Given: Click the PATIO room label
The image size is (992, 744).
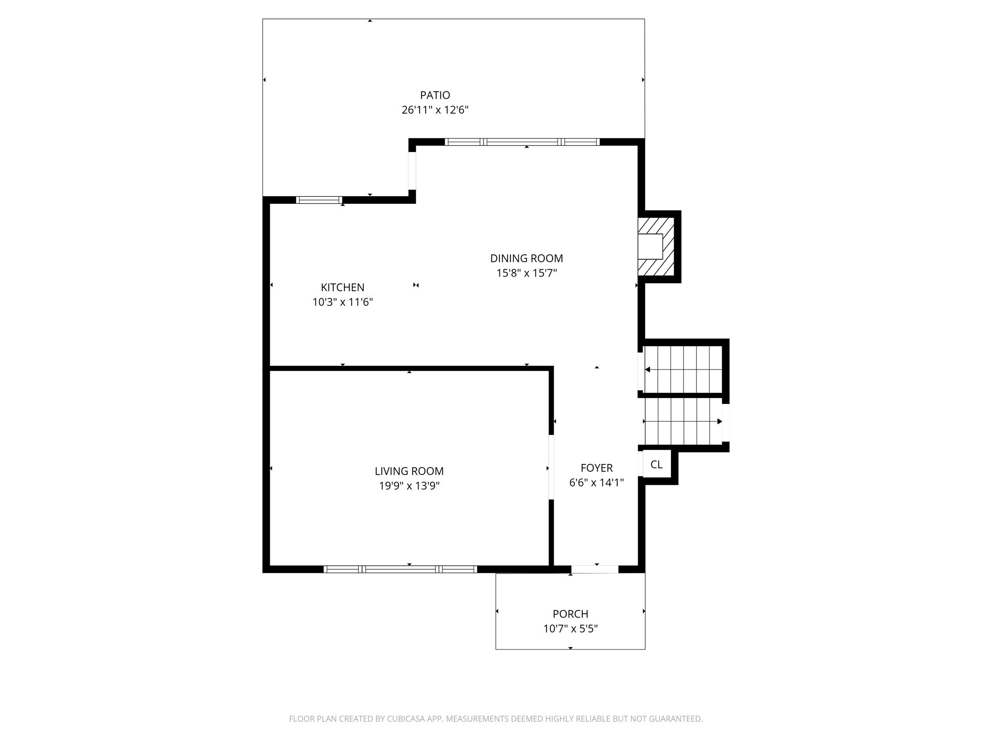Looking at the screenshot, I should [x=435, y=95].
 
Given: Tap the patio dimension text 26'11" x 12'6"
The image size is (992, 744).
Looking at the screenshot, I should [x=435, y=110].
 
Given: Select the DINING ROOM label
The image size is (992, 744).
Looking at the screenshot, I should [x=527, y=259].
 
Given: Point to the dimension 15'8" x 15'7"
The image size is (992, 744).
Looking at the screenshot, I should [x=527, y=273].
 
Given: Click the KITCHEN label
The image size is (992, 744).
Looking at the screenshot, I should [x=342, y=288].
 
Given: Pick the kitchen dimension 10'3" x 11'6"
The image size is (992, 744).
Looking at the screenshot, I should [x=342, y=302].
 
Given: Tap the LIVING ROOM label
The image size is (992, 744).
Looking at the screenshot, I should [x=409, y=471].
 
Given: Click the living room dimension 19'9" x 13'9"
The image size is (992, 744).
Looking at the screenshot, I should [x=409, y=486].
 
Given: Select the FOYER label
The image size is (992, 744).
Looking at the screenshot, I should [x=597, y=468].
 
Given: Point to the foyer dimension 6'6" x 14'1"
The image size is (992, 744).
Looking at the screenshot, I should [x=597, y=482].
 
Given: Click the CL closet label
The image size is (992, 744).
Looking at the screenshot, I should [x=656, y=465].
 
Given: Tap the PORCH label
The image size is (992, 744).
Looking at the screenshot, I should [x=571, y=614].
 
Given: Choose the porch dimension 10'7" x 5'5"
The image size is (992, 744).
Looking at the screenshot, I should [x=571, y=629].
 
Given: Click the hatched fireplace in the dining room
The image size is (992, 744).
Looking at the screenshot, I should [x=657, y=247].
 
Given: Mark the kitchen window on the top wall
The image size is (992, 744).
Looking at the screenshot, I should [x=319, y=200].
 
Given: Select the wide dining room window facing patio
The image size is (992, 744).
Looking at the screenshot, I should [x=522, y=142].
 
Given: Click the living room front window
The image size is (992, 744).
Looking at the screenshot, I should [x=400, y=569].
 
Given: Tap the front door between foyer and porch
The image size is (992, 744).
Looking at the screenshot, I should [x=595, y=569].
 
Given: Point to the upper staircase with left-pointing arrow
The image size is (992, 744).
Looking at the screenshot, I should [x=683, y=370].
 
